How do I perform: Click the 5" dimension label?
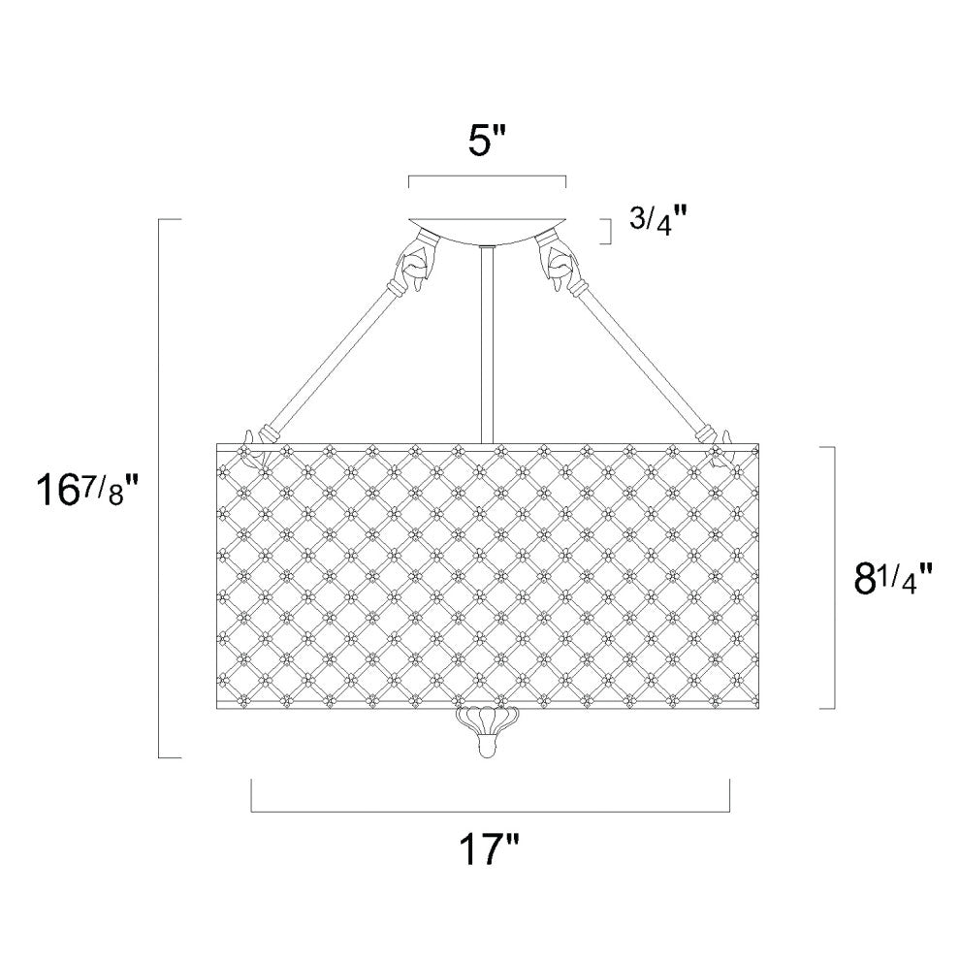(x=489, y=143)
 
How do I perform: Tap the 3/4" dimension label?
(x=652, y=222)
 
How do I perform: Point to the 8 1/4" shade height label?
(x=893, y=578)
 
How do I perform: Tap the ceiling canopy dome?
(x=488, y=230)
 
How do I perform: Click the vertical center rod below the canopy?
(x=488, y=344)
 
